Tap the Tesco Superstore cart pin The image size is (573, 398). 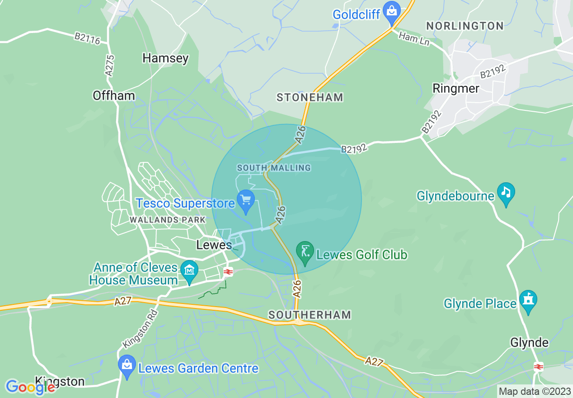[x=246, y=199]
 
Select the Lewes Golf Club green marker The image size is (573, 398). [x=305, y=251]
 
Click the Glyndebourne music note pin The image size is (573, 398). [x=505, y=192]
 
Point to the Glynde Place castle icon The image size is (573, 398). [x=527, y=300]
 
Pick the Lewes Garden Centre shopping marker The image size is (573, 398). [x=127, y=365]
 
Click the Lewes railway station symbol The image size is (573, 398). [x=228, y=272]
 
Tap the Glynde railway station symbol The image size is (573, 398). [x=538, y=366]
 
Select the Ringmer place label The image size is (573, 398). [x=456, y=88]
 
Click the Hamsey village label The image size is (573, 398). [x=165, y=58]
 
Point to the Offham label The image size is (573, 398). [x=113, y=95]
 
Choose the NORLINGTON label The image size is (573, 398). [x=465, y=26]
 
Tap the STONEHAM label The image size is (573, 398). [x=310, y=97]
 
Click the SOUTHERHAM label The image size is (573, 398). [x=310, y=315]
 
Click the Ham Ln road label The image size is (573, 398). [x=413, y=39]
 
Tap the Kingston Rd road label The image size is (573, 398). [x=140, y=328]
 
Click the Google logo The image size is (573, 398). [x=30, y=387]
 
